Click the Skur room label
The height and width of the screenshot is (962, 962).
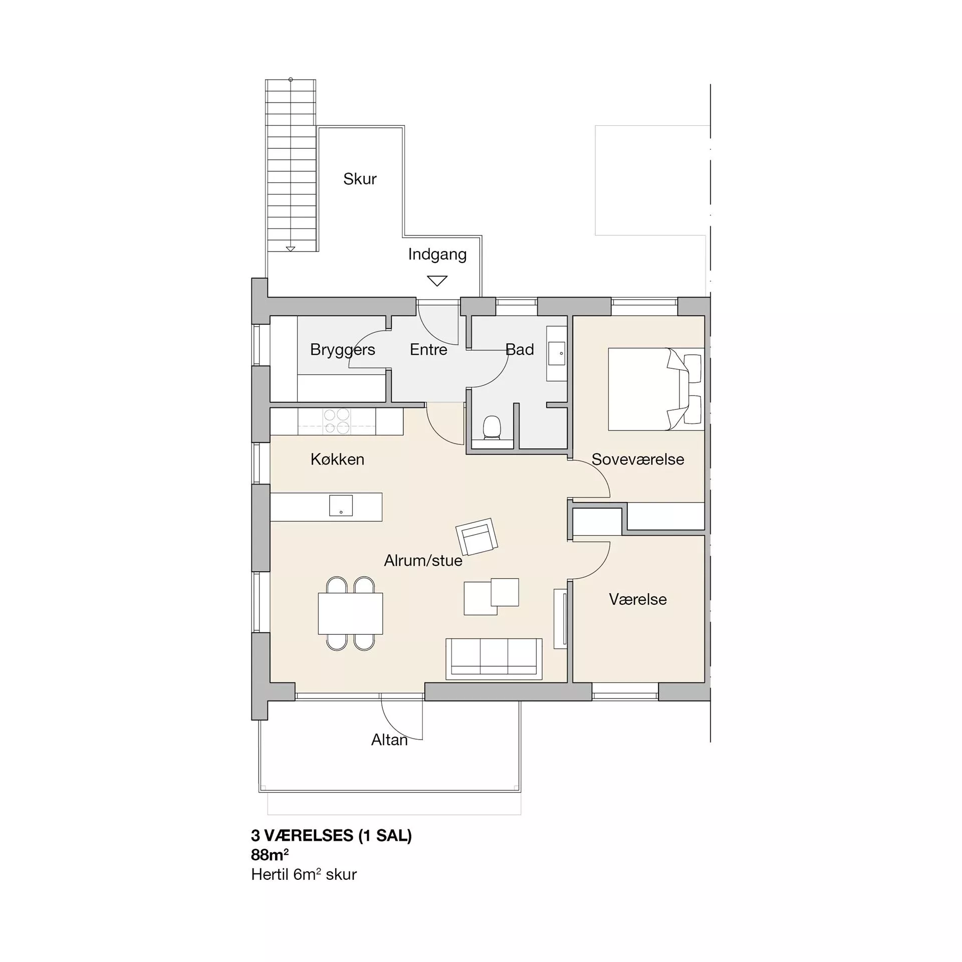point(360,179)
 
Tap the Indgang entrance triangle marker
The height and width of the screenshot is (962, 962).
point(437,281)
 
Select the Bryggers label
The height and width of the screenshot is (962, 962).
point(343,350)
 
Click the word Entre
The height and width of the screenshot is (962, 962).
point(428,349)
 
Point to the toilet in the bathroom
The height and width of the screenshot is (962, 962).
point(492,428)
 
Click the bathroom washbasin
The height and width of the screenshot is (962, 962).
point(557,353)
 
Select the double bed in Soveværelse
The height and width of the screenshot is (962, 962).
point(656,389)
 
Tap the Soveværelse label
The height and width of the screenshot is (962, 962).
point(638,459)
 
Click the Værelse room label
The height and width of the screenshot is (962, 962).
point(638,599)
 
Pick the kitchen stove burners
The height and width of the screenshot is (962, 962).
point(337,421)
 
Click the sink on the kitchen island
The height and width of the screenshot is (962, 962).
point(341,506)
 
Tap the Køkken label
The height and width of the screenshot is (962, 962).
point(337,459)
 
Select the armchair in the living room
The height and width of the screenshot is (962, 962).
point(476,537)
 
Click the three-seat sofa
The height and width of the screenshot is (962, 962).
point(494,659)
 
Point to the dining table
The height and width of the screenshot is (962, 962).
point(350,614)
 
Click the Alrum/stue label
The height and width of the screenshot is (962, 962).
point(423,561)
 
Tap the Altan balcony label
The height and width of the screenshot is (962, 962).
point(389,740)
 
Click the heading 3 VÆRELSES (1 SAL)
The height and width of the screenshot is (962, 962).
point(331,835)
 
